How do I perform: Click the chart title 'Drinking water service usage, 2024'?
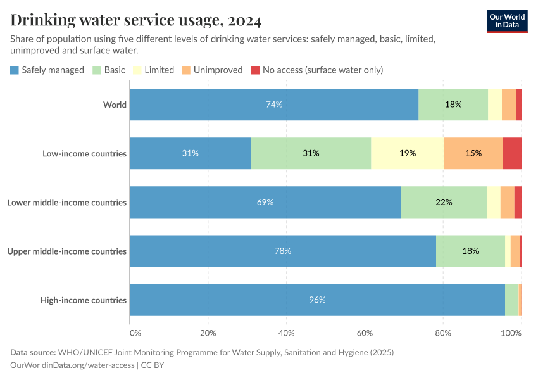pos(136,20)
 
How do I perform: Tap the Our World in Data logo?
pos(506,21)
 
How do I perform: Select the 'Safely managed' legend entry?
pos(47,70)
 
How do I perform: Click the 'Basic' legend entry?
pos(109,70)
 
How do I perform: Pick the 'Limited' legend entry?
pos(153,70)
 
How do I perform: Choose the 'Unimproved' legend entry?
pos(212,70)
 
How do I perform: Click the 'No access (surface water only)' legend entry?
pos(317,70)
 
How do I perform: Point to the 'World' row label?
pos(115,104)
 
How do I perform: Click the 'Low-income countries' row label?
pos(84,153)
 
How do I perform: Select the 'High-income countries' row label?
pos(83,300)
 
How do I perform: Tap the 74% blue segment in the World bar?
pos(274,104)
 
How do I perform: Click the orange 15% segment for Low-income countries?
pos(473,153)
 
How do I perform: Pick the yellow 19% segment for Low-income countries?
pos(408,153)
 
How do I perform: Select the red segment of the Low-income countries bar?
pos(512,153)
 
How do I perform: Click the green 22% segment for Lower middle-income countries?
pos(444,202)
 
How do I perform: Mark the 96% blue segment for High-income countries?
pos(317,300)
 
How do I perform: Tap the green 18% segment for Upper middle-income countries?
pos(470,251)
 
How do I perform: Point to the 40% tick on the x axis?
pos(287,332)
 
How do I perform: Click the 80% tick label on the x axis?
pos(443,332)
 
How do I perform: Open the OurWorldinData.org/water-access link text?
pos(72,365)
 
